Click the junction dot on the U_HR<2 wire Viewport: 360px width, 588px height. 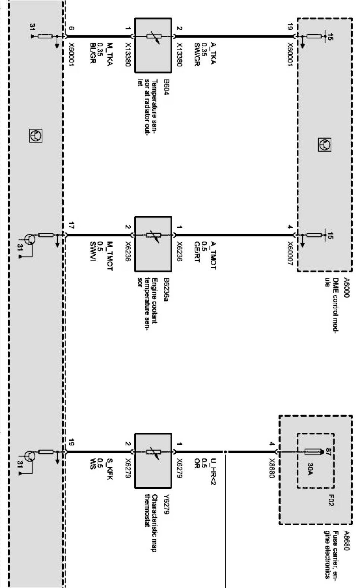tap(226, 453)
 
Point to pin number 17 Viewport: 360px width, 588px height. tap(71, 225)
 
